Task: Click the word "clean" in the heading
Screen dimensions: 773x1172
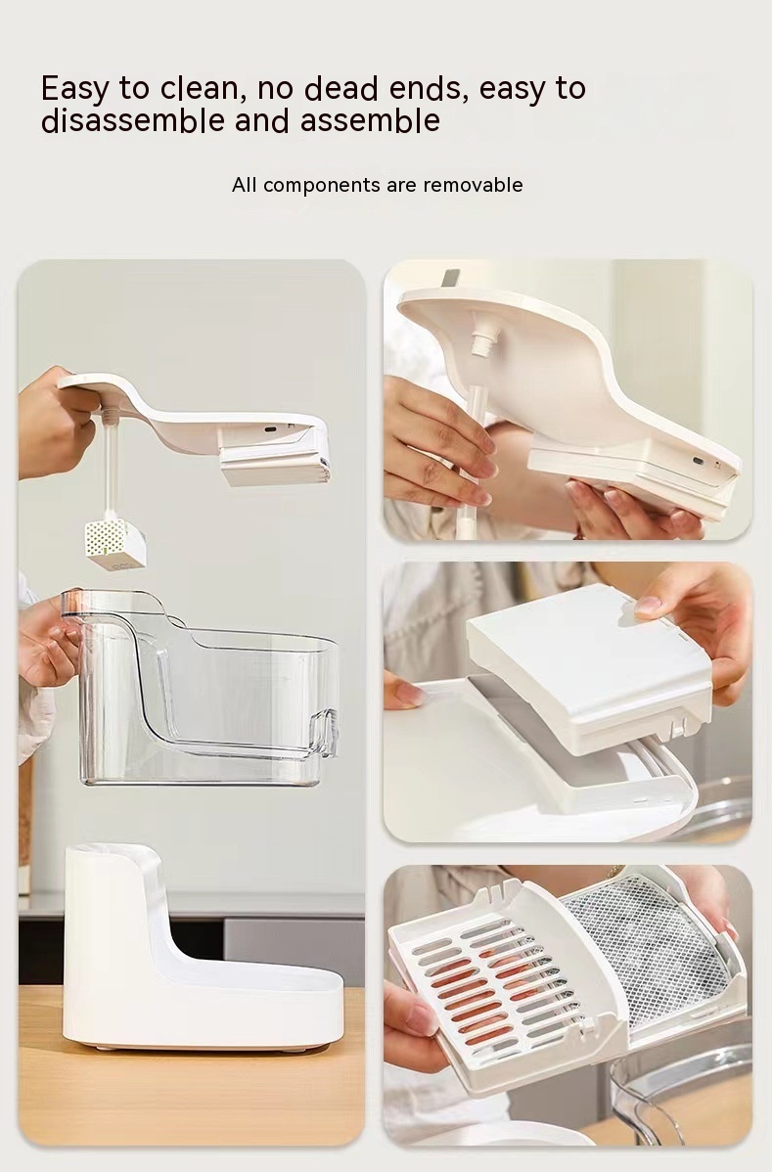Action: tap(199, 88)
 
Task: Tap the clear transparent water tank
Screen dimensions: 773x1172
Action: tap(201, 688)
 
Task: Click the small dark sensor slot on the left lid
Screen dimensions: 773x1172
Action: tap(271, 429)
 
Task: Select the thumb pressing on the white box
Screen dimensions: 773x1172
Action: tap(657, 607)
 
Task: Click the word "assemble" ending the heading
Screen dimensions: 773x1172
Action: tap(370, 120)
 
